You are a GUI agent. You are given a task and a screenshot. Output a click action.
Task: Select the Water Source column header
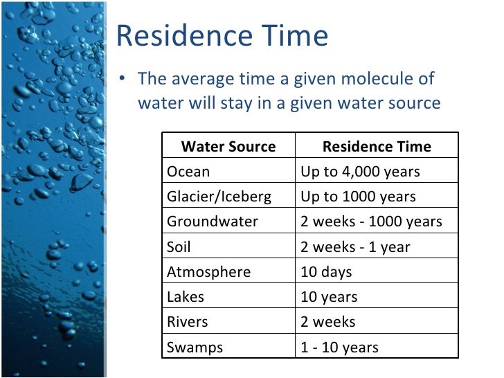(x=228, y=147)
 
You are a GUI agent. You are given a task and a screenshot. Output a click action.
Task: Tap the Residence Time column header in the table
(x=377, y=147)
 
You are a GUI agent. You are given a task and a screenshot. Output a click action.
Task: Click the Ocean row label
(x=188, y=172)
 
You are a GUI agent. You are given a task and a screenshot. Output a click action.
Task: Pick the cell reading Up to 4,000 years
(x=360, y=172)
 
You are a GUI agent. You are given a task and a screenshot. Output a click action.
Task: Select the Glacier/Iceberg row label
(x=219, y=197)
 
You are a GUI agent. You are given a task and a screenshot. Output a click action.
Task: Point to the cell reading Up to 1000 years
(x=358, y=197)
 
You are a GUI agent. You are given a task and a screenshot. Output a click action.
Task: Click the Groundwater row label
(x=213, y=222)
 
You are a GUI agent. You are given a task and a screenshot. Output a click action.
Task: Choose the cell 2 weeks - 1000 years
(x=371, y=222)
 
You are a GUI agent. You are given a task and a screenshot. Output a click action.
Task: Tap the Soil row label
(x=179, y=247)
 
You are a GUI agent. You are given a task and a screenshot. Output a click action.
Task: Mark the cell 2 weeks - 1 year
(x=355, y=247)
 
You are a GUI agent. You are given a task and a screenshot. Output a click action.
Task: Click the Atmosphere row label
(x=208, y=272)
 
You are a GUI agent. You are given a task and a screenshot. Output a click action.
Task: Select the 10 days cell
(x=326, y=272)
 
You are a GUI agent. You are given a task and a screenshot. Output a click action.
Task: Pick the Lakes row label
(x=186, y=297)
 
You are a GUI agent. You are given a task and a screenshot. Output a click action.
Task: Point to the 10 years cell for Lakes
(x=329, y=297)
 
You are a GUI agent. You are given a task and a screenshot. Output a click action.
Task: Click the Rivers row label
(x=187, y=322)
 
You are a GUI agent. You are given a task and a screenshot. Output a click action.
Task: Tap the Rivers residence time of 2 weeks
(x=327, y=322)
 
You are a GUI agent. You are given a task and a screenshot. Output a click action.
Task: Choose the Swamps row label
(x=195, y=347)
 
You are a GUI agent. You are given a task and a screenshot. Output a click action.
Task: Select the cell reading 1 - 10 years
(x=339, y=347)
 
